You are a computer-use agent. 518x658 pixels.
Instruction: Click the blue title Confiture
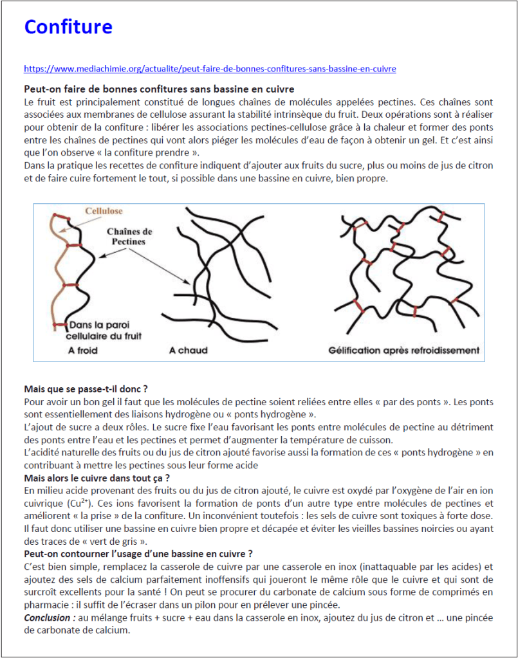(x=68, y=27)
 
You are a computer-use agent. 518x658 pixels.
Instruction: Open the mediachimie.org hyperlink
(x=210, y=68)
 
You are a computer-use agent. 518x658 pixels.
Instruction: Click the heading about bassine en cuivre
(x=159, y=89)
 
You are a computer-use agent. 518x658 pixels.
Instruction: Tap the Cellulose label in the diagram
(x=104, y=211)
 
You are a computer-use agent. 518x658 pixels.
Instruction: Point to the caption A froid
(x=82, y=351)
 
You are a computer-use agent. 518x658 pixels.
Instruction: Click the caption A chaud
(x=188, y=351)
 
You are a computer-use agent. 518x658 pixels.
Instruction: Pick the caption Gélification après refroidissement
(x=404, y=351)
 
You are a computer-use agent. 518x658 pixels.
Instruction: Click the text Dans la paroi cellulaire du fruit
(x=104, y=330)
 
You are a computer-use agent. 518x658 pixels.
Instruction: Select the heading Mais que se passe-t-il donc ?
(x=86, y=388)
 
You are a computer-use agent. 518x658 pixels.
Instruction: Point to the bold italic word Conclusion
(x=48, y=617)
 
